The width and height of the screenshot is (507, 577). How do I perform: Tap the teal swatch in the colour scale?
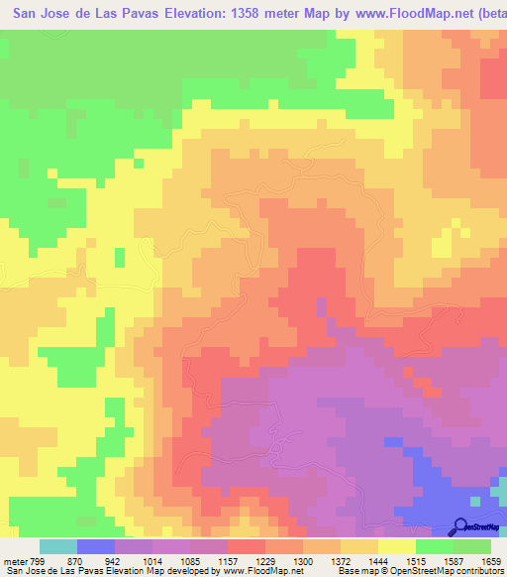coord(58,546)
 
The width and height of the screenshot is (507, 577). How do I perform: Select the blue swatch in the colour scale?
coord(96,546)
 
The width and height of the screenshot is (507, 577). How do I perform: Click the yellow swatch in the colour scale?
coord(397,546)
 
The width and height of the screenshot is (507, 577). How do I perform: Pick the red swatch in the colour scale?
coord(247,546)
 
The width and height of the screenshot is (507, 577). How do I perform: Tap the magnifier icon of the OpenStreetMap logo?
coord(459,526)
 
